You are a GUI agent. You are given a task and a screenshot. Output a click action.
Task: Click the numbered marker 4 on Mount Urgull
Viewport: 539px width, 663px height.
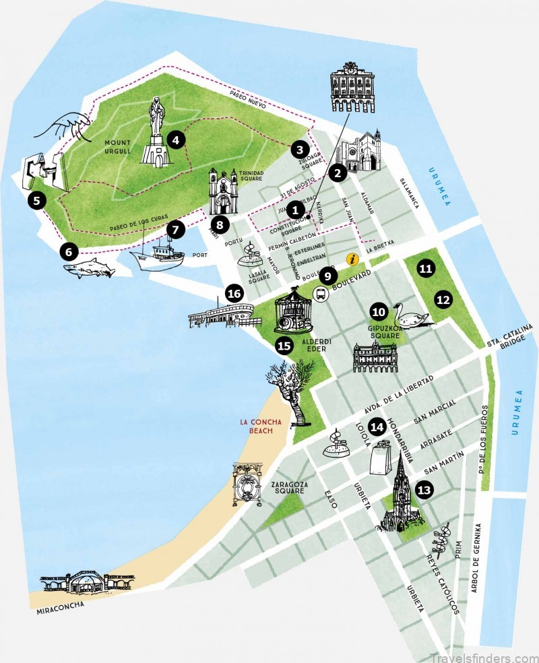[x=175, y=139]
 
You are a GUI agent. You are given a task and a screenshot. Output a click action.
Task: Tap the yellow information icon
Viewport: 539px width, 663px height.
[x=352, y=259]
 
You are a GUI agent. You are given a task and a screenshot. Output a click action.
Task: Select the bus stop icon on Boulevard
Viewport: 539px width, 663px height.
[x=321, y=294]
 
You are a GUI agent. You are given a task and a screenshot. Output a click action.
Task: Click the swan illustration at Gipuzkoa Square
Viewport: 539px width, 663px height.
[x=412, y=315]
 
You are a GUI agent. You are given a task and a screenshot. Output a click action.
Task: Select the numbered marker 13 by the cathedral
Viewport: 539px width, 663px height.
[x=424, y=490]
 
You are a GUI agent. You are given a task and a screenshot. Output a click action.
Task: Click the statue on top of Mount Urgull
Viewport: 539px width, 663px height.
[x=156, y=131]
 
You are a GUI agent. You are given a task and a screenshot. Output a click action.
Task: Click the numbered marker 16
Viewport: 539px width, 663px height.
[x=234, y=293]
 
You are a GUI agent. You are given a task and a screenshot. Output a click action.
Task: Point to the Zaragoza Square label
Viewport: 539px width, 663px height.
[x=284, y=487]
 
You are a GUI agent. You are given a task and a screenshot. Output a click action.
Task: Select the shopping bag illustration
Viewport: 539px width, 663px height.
[x=382, y=460]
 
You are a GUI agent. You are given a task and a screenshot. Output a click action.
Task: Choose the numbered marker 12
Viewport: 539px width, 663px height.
[x=443, y=300]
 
